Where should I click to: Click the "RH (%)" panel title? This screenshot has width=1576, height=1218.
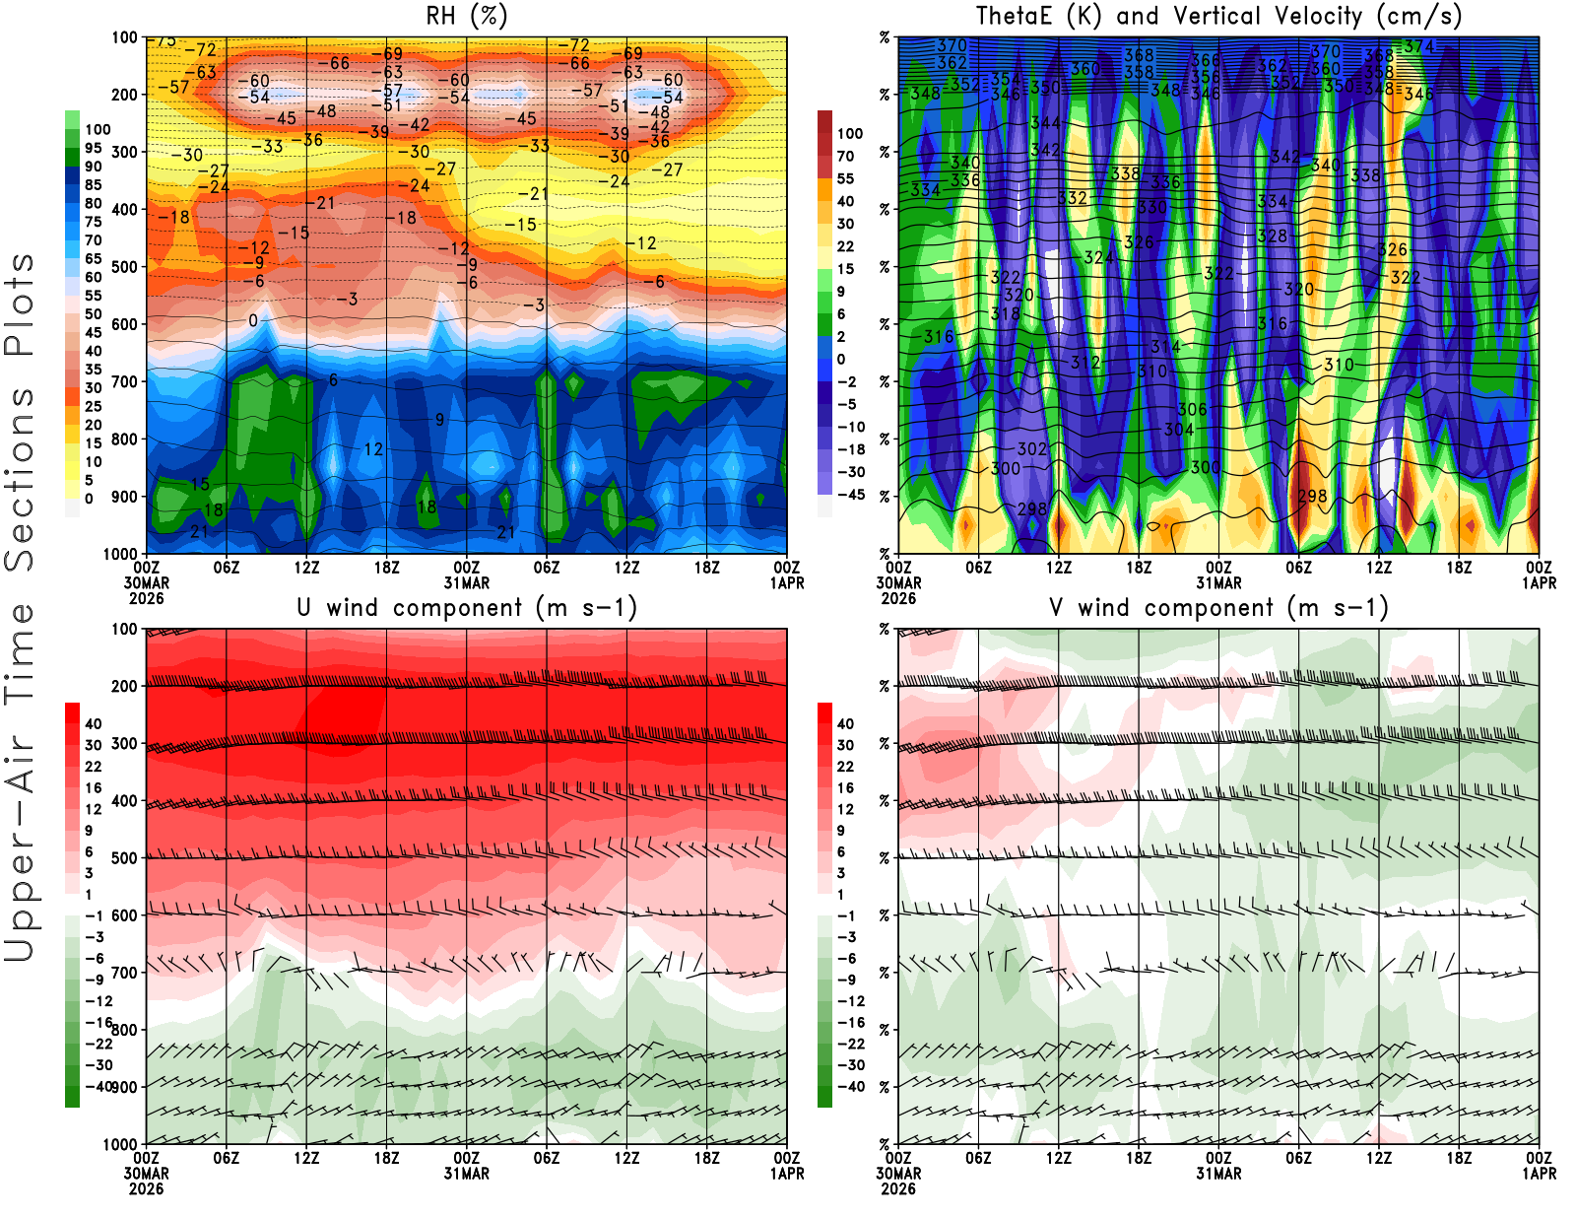(466, 17)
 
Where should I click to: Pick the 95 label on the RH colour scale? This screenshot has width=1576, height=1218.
(93, 148)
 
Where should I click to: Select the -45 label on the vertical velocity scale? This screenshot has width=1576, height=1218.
(849, 495)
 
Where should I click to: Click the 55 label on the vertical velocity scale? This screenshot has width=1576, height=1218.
(845, 178)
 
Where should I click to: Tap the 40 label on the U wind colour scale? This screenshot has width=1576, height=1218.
(94, 723)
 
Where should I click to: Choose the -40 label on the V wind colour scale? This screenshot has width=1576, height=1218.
(849, 1087)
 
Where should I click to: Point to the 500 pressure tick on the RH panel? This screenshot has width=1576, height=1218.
(125, 266)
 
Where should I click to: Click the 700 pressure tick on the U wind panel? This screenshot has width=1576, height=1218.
(125, 973)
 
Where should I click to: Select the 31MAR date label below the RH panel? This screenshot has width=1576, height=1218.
(466, 582)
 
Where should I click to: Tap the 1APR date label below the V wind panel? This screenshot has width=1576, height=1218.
(1540, 1174)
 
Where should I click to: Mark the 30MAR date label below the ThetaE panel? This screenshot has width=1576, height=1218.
(898, 582)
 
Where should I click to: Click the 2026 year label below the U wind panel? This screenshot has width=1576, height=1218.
(146, 1188)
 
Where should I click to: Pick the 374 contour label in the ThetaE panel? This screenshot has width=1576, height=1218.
(1419, 46)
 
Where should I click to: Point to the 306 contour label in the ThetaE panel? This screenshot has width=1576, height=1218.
(1192, 409)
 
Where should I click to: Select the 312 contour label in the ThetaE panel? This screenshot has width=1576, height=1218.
(1085, 362)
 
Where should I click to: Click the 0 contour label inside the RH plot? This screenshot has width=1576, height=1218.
(253, 320)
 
